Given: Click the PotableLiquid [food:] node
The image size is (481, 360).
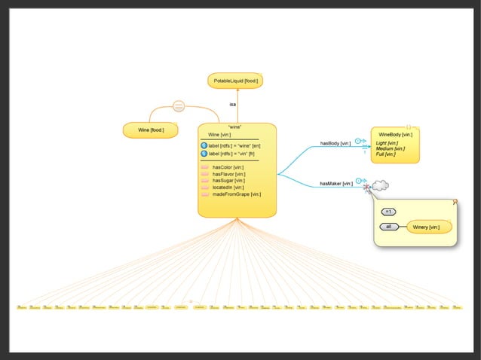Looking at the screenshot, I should pyautogui.click(x=235, y=81).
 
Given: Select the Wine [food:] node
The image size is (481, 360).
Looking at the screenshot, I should pyautogui.click(x=151, y=130).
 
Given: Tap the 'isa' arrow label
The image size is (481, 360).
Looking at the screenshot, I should pyautogui.click(x=233, y=104).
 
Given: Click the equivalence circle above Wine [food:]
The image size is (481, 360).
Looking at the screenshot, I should pyautogui.click(x=179, y=106).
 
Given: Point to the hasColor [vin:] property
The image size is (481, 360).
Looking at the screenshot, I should pyautogui.click(x=227, y=166).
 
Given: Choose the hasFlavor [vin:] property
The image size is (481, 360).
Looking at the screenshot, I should pyautogui.click(x=228, y=173).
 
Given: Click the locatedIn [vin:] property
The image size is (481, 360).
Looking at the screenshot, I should pyautogui.click(x=227, y=187).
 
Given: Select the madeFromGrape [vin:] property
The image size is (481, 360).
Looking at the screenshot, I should pyautogui.click(x=236, y=194).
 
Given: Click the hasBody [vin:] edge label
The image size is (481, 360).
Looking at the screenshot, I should pyautogui.click(x=335, y=142).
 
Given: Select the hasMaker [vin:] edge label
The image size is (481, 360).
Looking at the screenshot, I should pyautogui.click(x=335, y=183).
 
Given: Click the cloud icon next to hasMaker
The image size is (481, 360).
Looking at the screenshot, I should pyautogui.click(x=380, y=185).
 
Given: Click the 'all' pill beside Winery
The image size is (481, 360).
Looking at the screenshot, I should pyautogui.click(x=389, y=227).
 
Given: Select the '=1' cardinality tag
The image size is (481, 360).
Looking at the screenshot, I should pyautogui.click(x=389, y=211).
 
